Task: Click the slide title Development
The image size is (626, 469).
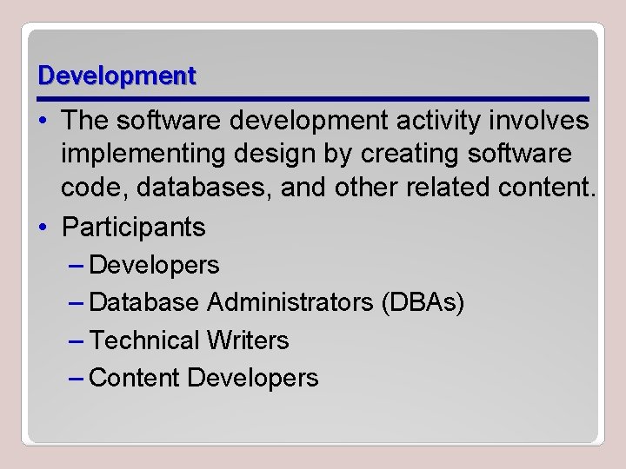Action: point(117,76)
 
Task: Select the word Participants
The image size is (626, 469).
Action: point(134,228)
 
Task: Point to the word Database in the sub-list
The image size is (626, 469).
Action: point(144,302)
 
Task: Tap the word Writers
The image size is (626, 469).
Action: point(249,340)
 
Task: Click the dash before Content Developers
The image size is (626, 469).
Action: point(76,378)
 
